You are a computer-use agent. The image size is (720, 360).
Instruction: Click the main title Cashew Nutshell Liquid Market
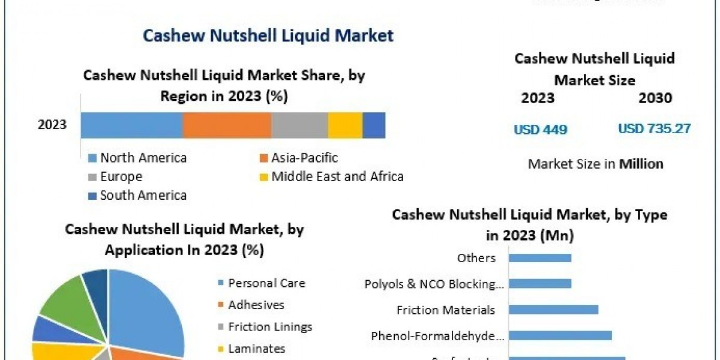click(x=268, y=35)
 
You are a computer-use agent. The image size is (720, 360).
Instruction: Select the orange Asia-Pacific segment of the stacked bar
click(x=227, y=125)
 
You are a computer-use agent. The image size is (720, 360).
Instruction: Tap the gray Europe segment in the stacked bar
click(x=299, y=125)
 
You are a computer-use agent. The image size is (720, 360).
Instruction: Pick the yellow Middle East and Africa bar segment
click(x=345, y=125)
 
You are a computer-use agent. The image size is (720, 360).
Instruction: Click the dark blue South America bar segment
click(x=374, y=125)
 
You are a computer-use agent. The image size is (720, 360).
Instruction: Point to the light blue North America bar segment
click(x=131, y=125)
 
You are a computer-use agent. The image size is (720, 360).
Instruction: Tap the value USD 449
click(x=540, y=129)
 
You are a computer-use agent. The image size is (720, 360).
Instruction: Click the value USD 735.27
click(x=654, y=128)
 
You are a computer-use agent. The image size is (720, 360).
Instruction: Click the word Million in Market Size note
click(x=641, y=164)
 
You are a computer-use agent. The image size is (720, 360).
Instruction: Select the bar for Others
click(x=540, y=258)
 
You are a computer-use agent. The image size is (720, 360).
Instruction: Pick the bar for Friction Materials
click(x=553, y=310)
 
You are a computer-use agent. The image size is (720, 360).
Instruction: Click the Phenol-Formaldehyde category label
click(x=437, y=336)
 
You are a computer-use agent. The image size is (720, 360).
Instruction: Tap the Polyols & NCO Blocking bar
click(x=540, y=283)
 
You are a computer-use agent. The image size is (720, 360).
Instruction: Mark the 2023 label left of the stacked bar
click(x=52, y=125)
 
